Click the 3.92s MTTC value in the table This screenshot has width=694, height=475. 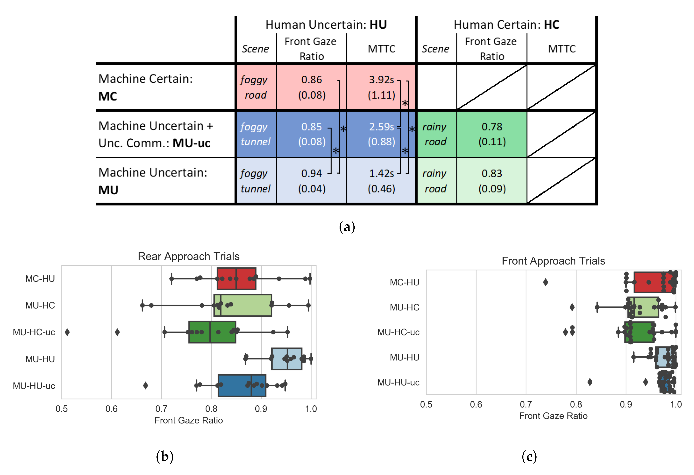381,80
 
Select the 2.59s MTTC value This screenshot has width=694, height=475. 381,127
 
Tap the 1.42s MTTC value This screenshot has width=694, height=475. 381,173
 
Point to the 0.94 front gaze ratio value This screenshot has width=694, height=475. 311,173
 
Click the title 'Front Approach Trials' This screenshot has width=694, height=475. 553,261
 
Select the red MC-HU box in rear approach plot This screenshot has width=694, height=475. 236,279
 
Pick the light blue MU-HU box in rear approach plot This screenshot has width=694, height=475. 287,359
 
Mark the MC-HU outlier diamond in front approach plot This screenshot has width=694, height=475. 545,282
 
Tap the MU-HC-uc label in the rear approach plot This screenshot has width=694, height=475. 34,332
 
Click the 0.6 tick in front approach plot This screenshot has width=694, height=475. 476,404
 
